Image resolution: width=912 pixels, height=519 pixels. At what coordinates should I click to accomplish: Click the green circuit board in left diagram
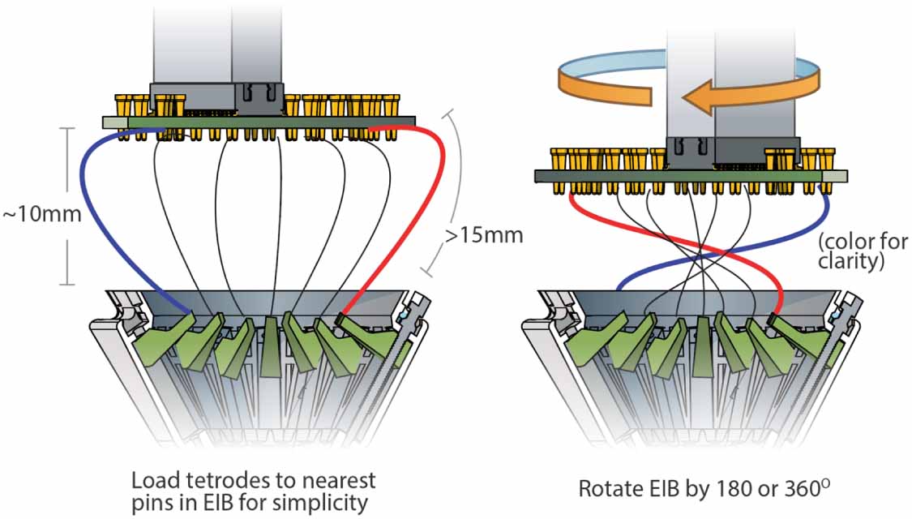click(268, 122)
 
